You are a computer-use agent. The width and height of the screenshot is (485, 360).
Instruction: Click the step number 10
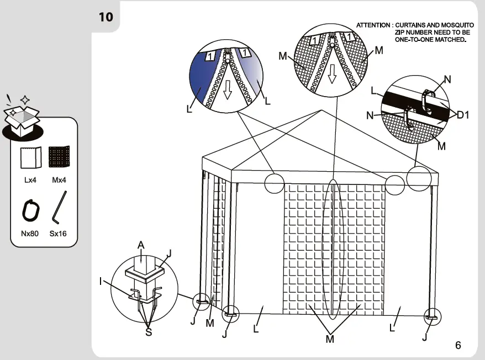106,17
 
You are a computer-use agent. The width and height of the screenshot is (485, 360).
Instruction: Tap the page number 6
458,346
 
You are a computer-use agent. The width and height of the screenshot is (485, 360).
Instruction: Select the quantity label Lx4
30,180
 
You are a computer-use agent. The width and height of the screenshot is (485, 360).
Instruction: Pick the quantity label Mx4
59,180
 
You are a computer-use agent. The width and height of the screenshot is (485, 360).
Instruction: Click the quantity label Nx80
30,234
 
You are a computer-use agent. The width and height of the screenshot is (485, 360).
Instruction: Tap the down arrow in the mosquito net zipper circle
332,75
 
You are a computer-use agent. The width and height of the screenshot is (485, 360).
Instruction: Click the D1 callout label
463,115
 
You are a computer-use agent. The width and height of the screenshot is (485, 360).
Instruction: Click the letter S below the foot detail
148,332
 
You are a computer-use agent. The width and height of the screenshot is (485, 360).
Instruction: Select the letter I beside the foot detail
101,281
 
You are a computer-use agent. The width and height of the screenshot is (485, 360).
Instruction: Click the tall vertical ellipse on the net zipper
334,248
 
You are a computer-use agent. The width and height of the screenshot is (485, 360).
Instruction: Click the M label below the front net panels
330,339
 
